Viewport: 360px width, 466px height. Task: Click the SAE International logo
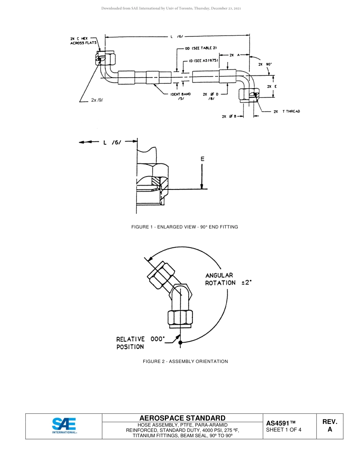[x=64, y=426]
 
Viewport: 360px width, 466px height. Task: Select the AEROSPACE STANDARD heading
[x=182, y=418]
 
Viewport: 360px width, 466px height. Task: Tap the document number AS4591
[x=280, y=423]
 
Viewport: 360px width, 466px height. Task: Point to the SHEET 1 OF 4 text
[x=284, y=430]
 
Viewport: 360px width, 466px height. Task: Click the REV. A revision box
[x=330, y=426]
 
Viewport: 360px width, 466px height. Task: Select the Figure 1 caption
[x=185, y=227]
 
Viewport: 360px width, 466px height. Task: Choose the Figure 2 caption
[x=185, y=361]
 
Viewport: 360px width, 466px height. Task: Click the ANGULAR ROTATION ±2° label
[x=228, y=279]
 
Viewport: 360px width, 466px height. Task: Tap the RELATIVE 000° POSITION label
[x=141, y=343]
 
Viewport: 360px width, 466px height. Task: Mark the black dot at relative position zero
[x=180, y=342]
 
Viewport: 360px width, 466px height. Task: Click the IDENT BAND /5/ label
[x=181, y=96]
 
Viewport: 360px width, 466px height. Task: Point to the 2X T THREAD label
[x=286, y=111]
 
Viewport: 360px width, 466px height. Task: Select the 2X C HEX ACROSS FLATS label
[x=83, y=41]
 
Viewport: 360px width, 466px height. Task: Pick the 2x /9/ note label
[x=97, y=100]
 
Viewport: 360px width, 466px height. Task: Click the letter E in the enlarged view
[x=202, y=159]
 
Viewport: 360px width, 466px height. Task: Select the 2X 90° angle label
[x=265, y=64]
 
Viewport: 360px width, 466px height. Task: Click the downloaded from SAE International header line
[x=171, y=8]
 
